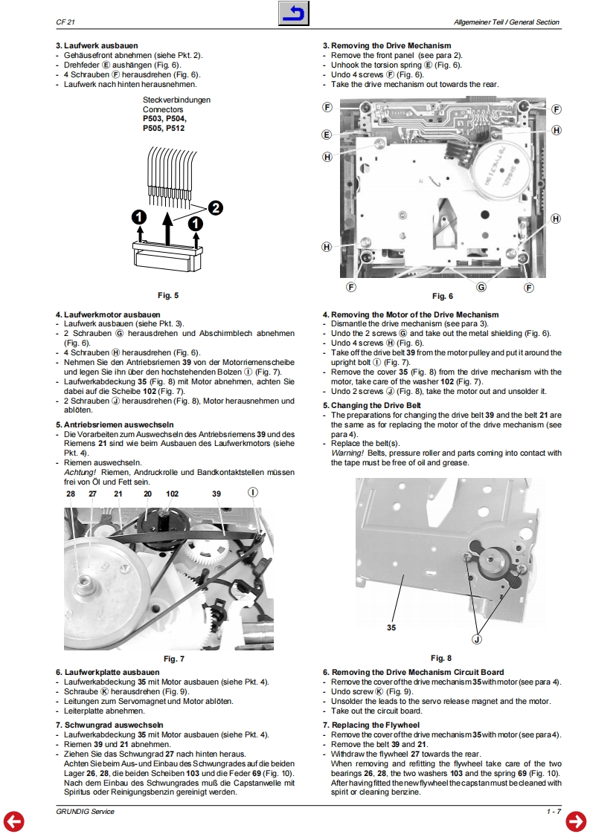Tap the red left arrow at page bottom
[14, 820]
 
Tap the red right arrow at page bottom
[576, 820]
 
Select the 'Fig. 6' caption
[442, 297]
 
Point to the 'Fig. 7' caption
[173, 659]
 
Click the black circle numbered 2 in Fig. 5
[216, 208]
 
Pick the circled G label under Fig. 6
[481, 287]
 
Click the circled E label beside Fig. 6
[327, 135]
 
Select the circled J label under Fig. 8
[477, 639]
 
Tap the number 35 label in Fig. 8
[391, 627]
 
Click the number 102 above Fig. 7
[172, 494]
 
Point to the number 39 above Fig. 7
[216, 494]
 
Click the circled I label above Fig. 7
[252, 493]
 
